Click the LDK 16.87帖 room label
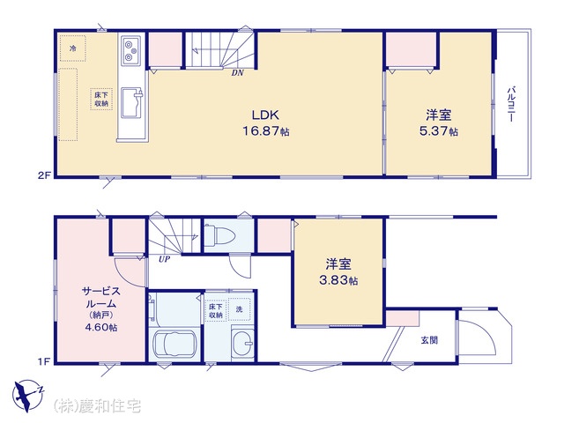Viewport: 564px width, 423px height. click(265, 122)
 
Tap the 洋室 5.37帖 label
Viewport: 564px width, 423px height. click(439, 122)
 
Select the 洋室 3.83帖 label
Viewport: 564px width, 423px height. click(338, 272)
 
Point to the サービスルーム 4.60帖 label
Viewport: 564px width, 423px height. click(101, 308)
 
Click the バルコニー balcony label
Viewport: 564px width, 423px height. click(511, 104)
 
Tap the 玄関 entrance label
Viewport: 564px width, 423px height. click(429, 340)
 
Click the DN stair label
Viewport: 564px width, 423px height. click(237, 72)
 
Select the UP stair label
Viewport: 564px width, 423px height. click(164, 259)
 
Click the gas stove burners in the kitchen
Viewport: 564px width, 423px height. click(131, 50)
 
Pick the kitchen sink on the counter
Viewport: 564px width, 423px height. click(132, 103)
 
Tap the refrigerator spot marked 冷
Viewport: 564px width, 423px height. click(73, 48)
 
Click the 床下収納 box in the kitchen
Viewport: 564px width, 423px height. click(101, 99)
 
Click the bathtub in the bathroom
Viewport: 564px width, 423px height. click(175, 345)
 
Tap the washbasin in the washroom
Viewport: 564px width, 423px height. click(243, 341)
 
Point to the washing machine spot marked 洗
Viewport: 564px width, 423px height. click(239, 309)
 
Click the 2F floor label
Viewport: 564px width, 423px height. click(45, 175)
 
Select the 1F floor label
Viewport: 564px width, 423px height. click(44, 361)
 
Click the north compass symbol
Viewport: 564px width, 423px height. click(27, 395)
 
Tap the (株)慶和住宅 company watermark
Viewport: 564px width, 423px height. click(97, 406)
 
